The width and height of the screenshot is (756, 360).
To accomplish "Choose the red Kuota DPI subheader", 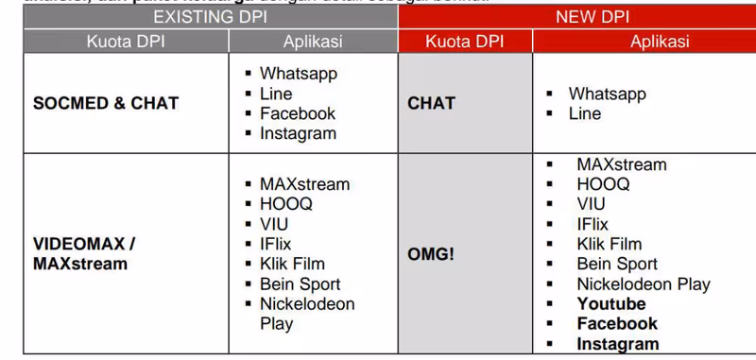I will (465, 42).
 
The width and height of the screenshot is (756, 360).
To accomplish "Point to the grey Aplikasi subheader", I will (313, 42).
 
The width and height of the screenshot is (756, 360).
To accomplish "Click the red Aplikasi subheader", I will (660, 42).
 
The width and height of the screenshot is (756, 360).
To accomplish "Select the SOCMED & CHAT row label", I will (106, 104).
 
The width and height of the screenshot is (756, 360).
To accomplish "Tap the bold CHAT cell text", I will (432, 104).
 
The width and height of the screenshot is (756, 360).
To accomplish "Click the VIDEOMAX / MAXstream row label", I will (85, 253).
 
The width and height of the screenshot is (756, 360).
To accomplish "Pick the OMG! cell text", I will (431, 254).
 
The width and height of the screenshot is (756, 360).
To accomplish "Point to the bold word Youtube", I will (611, 304).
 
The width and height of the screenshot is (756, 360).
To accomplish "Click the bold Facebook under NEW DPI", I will (617, 324).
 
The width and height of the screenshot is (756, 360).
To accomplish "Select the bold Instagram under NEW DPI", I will (618, 344).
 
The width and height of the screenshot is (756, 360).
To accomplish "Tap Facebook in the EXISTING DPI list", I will (298, 113).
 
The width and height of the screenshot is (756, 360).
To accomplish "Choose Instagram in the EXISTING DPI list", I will (298, 133).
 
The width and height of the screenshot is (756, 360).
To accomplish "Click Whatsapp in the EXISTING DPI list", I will (299, 74).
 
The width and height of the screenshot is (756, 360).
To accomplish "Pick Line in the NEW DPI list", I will (585, 113).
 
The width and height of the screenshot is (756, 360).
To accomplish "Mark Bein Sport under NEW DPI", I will (617, 265).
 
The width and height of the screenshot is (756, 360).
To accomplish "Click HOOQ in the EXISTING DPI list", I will (286, 204).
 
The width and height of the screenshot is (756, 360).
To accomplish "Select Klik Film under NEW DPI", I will (610, 245).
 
